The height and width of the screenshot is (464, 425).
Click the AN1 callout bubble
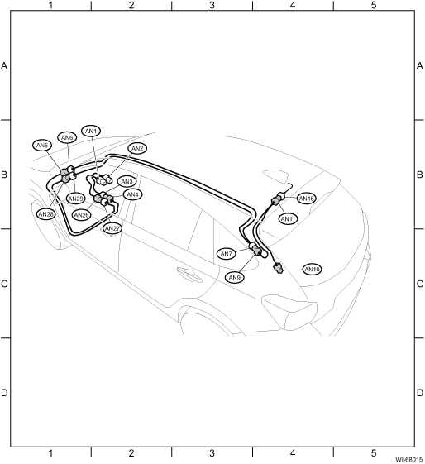tap(91, 131)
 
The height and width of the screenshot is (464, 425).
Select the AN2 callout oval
tap(137, 149)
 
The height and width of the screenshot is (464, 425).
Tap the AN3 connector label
tap(127, 182)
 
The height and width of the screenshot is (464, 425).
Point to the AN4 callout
tap(132, 194)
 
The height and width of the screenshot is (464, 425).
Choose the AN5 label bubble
tap(42, 146)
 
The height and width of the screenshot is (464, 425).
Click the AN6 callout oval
tap(67, 137)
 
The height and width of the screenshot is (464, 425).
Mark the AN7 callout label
tap(227, 254)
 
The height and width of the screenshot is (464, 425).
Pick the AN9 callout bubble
tap(235, 278)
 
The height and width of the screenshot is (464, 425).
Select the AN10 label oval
tap(312, 270)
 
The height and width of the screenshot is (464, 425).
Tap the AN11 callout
tap(288, 219)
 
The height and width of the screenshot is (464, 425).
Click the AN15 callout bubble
tap(307, 199)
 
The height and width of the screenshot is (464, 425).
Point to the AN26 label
tap(82, 215)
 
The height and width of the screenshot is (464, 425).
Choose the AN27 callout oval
tap(112, 228)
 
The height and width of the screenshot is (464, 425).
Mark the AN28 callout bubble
tap(45, 214)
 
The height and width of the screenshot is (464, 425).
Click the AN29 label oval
tap(75, 199)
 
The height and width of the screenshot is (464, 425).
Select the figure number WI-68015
tap(409, 460)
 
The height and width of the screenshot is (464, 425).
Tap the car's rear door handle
tap(189, 274)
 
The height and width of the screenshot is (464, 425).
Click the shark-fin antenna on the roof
tap(275, 176)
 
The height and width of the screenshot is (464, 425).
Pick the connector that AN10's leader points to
tap(279, 268)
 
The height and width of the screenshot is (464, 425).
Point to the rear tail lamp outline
tap(289, 311)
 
